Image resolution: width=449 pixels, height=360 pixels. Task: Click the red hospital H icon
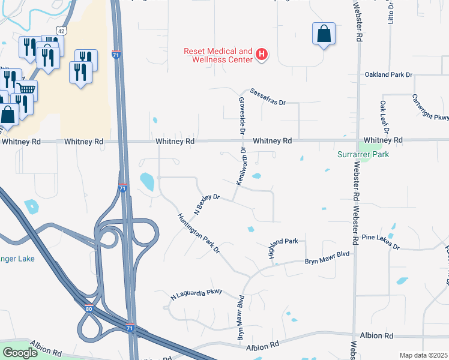(x=262, y=55)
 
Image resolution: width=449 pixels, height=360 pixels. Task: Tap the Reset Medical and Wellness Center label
(x=218, y=55)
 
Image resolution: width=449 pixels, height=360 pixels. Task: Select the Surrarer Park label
(x=363, y=154)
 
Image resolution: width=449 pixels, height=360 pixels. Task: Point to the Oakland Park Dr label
(x=389, y=75)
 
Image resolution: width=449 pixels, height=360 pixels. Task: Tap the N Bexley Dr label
(x=207, y=202)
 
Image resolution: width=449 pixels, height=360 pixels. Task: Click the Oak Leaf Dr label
(x=384, y=117)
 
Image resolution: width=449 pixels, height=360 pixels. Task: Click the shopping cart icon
(x=26, y=90)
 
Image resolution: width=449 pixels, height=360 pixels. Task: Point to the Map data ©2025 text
(x=423, y=355)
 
